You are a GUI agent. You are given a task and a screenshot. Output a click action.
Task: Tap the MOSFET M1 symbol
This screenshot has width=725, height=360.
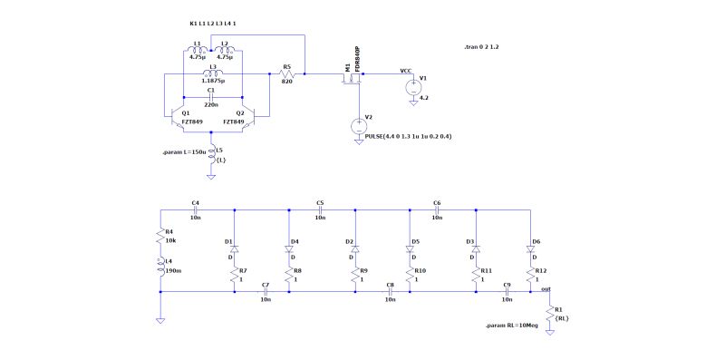coord(351,79)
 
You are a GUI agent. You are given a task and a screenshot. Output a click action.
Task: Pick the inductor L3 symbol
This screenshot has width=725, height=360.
coord(212,73)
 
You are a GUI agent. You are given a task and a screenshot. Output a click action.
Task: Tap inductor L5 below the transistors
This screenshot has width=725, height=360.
coord(213,153)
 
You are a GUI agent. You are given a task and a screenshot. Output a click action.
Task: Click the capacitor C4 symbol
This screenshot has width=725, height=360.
coord(195,209)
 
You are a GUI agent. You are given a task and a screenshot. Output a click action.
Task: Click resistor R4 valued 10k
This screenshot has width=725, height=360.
coord(159,238)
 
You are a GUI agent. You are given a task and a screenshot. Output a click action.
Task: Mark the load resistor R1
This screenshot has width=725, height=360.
coord(548,314)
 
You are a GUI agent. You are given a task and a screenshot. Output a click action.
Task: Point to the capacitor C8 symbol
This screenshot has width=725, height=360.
coord(390,292)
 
